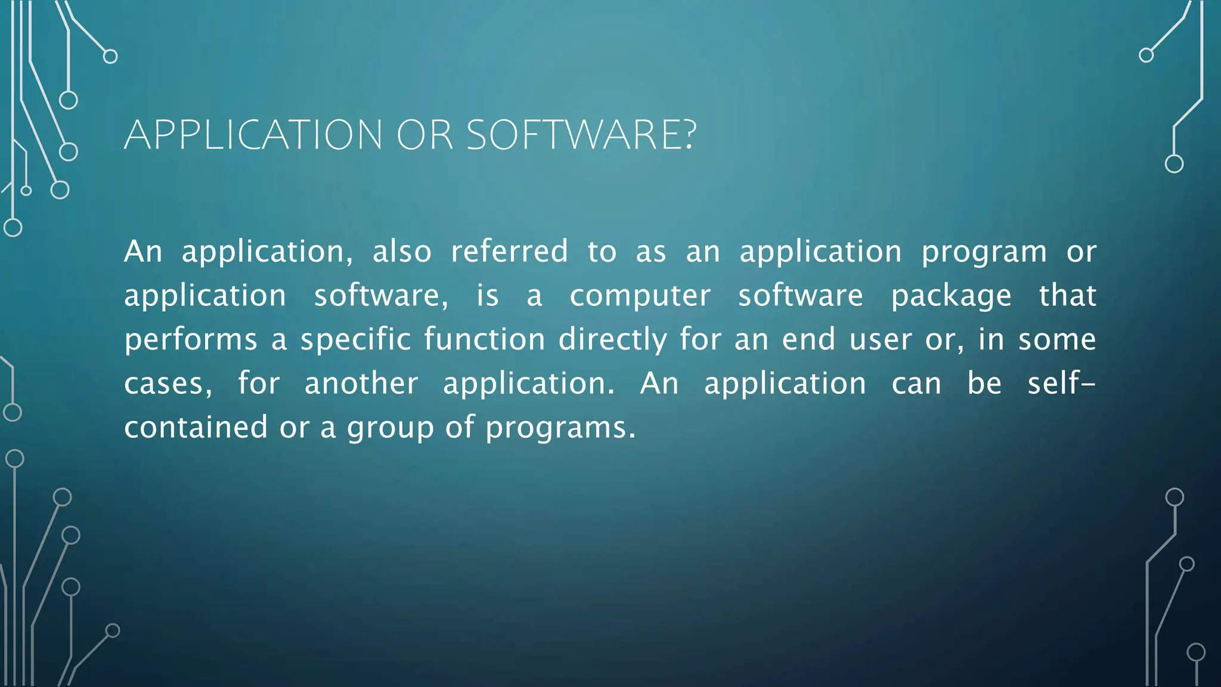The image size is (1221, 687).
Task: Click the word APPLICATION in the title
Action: coord(253,135)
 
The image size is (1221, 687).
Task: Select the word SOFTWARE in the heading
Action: coord(573,135)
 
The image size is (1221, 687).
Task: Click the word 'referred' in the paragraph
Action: coord(509,251)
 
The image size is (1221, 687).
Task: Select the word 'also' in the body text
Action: coord(402,251)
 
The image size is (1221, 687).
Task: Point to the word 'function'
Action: coord(484,339)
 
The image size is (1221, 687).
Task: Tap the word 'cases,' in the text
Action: coord(168,384)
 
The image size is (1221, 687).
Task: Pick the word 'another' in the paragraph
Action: coord(361,383)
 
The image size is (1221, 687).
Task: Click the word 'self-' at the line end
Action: coord(1061,383)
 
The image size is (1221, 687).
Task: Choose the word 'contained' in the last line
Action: coord(196,428)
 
